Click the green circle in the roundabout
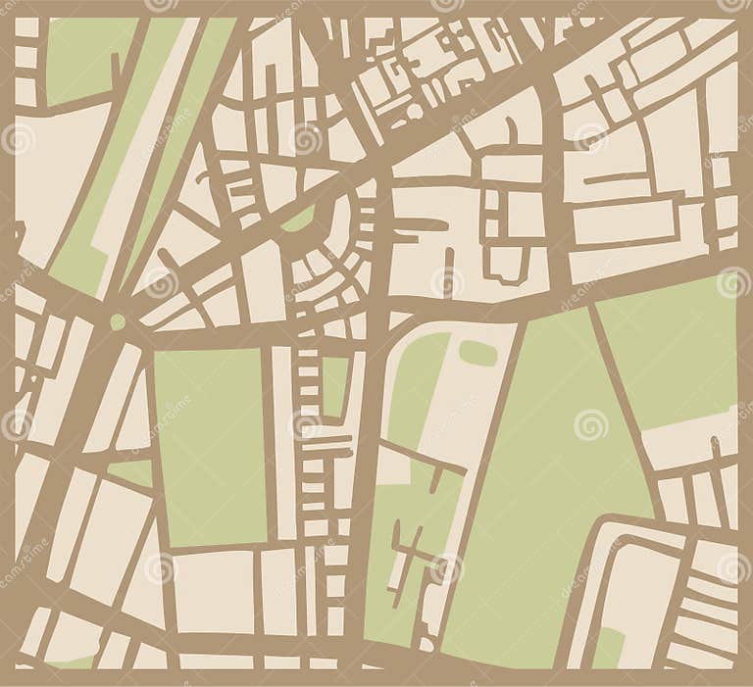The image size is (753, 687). coord(119,321)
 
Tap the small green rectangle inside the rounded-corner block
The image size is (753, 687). coord(609,648)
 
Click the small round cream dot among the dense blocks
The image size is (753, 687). coord(414,111)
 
